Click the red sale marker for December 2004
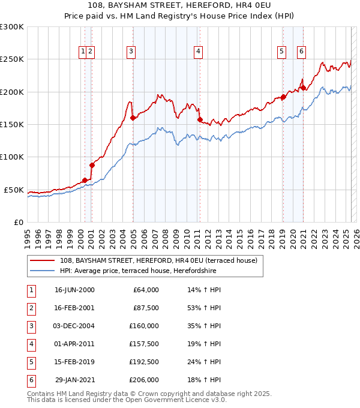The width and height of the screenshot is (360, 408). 133,118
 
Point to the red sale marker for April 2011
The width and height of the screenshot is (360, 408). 200,119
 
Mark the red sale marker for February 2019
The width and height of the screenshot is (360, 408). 283,97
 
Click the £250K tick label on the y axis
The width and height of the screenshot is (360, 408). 11,59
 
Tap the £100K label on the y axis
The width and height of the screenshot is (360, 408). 11,157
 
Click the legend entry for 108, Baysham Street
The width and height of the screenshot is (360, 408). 158,260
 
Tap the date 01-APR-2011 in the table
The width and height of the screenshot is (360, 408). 74,344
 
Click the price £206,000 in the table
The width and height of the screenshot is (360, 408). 144,380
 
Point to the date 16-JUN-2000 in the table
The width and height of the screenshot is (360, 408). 74,290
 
